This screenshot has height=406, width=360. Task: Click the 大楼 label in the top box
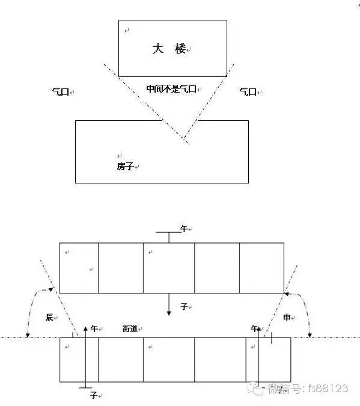[169, 49]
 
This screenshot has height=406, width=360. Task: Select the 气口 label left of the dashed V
[61, 91]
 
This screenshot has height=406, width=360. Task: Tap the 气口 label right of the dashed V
[248, 91]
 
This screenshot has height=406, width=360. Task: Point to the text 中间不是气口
[171, 89]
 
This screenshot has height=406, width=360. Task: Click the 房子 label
[125, 166]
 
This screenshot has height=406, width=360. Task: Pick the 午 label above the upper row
[184, 229]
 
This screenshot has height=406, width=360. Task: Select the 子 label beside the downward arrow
[184, 307]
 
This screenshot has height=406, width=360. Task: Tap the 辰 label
[49, 317]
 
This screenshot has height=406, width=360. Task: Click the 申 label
[287, 317]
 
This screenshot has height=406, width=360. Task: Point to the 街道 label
[130, 328]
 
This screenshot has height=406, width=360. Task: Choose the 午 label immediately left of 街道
[94, 328]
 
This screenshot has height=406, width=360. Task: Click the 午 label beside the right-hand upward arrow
[254, 328]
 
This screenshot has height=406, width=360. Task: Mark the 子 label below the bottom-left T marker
[93, 395]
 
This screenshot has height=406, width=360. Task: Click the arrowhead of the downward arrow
[169, 313]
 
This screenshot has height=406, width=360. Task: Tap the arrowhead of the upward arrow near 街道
[85, 328]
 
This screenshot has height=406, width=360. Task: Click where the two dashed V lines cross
[185, 138]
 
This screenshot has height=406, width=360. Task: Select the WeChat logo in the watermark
[255, 389]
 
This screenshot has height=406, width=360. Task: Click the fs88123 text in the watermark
[328, 389]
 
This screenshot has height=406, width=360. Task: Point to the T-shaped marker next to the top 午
[169, 237]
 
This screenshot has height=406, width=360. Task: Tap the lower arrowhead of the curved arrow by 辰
[28, 336]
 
